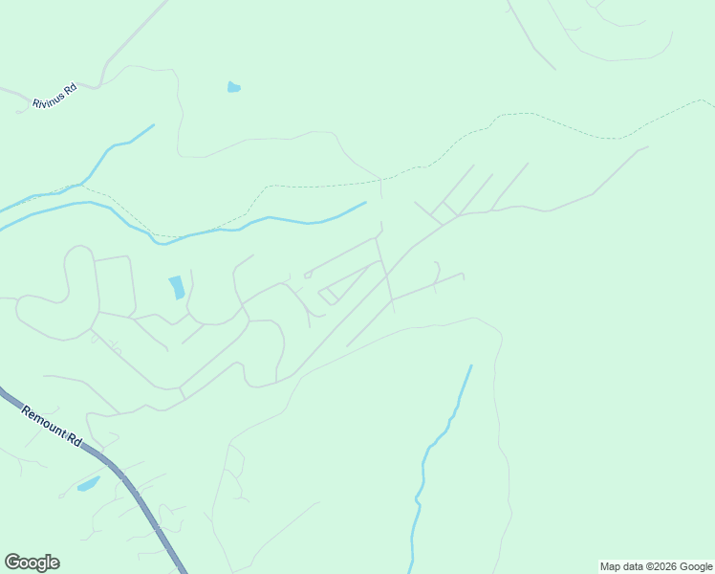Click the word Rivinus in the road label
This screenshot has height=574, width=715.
[48, 100]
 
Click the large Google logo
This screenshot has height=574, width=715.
[32, 563]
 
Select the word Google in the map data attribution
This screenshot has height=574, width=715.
[693, 567]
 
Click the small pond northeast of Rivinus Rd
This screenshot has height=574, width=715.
[233, 88]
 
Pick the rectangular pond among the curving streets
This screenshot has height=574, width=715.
[177, 287]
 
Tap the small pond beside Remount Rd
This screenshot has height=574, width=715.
[88, 484]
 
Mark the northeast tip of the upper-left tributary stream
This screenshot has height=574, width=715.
[153, 125]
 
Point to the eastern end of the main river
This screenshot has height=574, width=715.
[365, 203]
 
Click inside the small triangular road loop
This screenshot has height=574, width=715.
[330, 294]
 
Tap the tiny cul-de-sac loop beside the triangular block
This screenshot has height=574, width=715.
[308, 276]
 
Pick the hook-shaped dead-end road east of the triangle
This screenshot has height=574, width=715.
[437, 272]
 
